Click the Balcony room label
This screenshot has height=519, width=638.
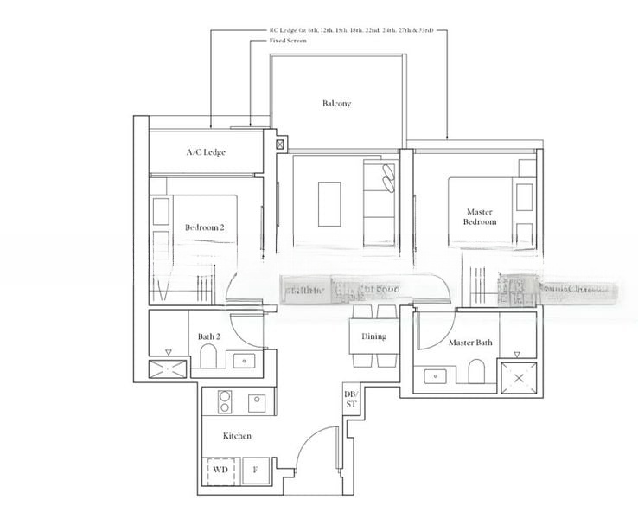click(336, 104)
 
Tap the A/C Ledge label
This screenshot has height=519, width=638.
click(206, 152)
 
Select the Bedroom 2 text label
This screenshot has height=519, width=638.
click(204, 227)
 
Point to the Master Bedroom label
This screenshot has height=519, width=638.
click(480, 216)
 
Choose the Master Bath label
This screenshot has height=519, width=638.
click(470, 343)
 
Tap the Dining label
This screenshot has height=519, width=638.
click(373, 336)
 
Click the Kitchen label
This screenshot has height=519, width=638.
click(237, 436)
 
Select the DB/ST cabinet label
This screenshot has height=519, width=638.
click(350, 399)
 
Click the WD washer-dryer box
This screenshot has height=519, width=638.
click(220, 471)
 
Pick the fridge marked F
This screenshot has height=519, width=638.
click(255, 471)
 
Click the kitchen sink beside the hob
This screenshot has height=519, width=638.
click(257, 401)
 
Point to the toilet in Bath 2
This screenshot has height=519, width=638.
click(209, 356)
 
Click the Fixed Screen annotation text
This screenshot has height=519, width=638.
click(287, 41)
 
